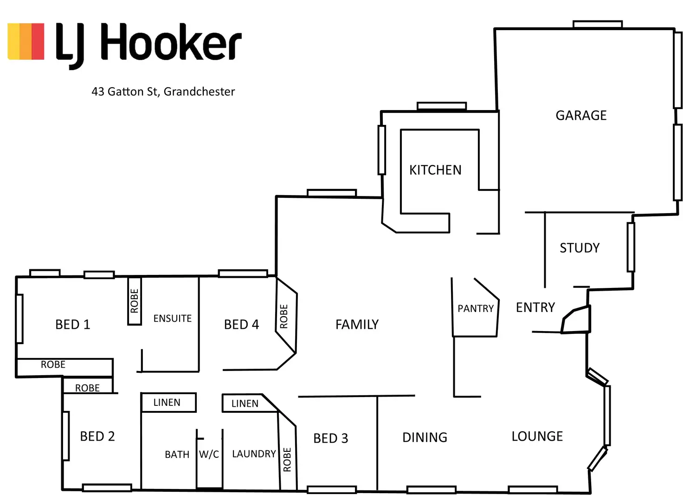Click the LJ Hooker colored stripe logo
(x=26, y=41)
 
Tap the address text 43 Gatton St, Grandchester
(x=163, y=91)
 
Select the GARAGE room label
(x=581, y=115)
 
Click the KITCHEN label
(x=435, y=170)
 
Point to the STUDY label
(x=580, y=248)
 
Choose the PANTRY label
(x=476, y=309)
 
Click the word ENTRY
(x=535, y=307)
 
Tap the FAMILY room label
(x=357, y=324)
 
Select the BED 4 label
(x=241, y=324)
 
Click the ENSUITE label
(x=172, y=319)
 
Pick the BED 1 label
(x=72, y=324)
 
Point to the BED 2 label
(x=97, y=436)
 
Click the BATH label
(x=177, y=454)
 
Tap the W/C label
(x=209, y=454)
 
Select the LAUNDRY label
(x=254, y=454)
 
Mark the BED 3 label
(x=330, y=438)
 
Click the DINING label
(x=425, y=437)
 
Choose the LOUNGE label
(x=537, y=436)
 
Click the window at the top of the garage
(x=597, y=24)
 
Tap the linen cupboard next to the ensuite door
(x=168, y=402)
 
